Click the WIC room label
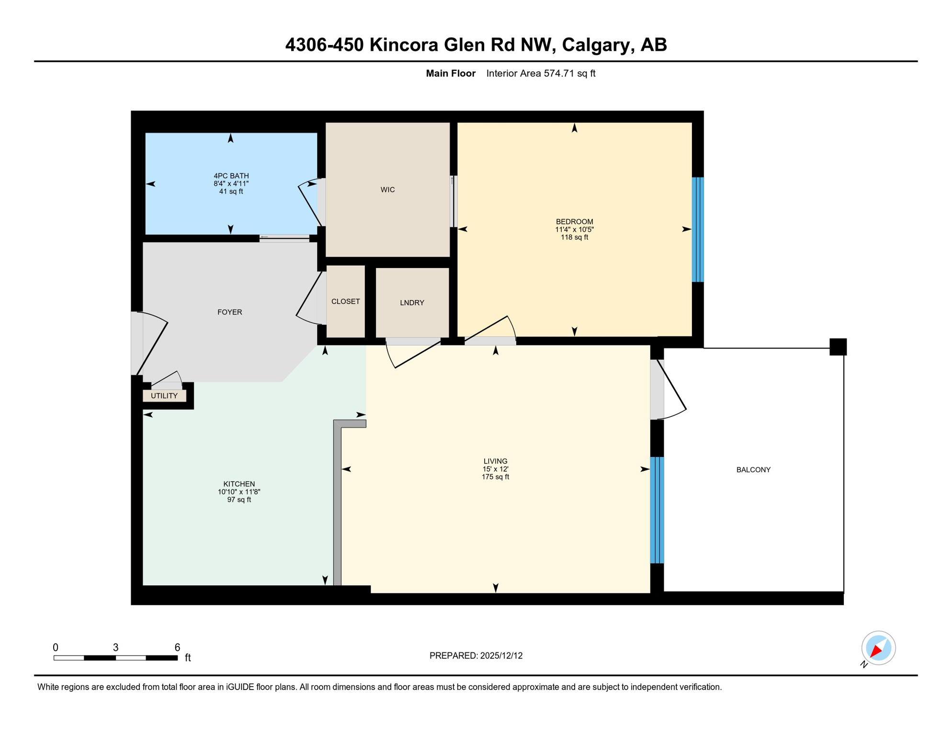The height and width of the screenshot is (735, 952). pyautogui.click(x=387, y=190)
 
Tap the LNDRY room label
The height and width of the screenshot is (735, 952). pyautogui.click(x=412, y=303)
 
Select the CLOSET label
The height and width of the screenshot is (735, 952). pyautogui.click(x=345, y=301)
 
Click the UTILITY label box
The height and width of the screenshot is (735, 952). pyautogui.click(x=164, y=396)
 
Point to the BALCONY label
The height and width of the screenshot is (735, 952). pyautogui.click(x=753, y=470)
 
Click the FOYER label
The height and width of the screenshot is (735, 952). pyautogui.click(x=229, y=312)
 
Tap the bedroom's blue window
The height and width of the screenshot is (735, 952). pyautogui.click(x=698, y=230)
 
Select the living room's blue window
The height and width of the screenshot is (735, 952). pyautogui.click(x=657, y=510)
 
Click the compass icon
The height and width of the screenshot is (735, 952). pyautogui.click(x=878, y=648)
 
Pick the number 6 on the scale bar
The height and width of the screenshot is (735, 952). pyautogui.click(x=177, y=647)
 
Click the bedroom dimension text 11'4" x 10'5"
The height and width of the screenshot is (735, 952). pyautogui.click(x=574, y=230)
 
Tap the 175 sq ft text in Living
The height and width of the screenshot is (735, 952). pyautogui.click(x=495, y=477)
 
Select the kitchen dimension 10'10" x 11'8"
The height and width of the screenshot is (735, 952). pyautogui.click(x=239, y=492)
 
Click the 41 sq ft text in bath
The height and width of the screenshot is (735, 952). pyautogui.click(x=231, y=191)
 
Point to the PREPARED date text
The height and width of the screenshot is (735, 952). pyautogui.click(x=476, y=656)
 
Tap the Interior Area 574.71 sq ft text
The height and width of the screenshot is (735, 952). pyautogui.click(x=541, y=73)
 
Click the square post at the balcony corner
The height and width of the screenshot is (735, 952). pyautogui.click(x=838, y=347)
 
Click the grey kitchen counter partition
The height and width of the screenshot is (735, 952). pyautogui.click(x=338, y=502)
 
